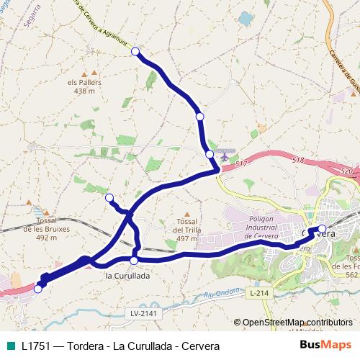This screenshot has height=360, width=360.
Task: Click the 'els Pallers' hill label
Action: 85,83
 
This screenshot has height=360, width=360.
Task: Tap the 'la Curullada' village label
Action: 127,275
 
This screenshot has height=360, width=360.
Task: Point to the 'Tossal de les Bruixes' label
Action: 40,229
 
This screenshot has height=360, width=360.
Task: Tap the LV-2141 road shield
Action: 143,313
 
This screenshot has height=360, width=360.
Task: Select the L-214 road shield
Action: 260,294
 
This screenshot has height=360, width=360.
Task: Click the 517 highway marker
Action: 240,165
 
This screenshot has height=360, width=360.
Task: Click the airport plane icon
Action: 225,154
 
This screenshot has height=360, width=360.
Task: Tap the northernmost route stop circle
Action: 135,51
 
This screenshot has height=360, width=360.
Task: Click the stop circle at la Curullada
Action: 134,260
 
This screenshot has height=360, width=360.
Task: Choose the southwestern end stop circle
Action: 38,289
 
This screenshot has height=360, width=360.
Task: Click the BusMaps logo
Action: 325,344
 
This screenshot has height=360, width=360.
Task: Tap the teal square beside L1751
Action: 9,345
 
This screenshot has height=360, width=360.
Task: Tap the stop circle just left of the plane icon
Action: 210,154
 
